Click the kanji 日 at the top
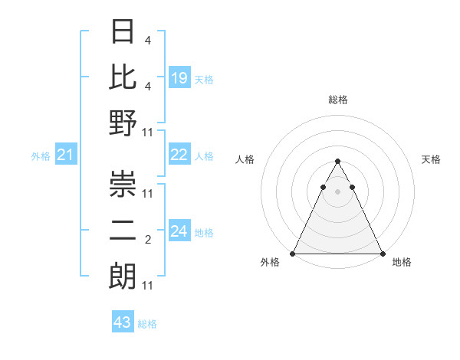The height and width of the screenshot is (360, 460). [x=123, y=32]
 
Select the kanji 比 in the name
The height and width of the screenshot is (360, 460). [x=123, y=77]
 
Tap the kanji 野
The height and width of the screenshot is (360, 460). [x=123, y=123]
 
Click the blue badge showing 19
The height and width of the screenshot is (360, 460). [x=179, y=77]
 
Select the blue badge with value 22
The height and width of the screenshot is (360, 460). [x=179, y=155]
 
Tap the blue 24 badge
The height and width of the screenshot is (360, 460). [x=179, y=231]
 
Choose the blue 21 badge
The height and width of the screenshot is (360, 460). [x=65, y=155]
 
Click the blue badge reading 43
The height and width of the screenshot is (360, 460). [x=123, y=322]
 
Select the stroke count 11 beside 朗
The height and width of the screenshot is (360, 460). [x=148, y=286]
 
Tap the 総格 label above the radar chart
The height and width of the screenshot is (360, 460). [x=337, y=100]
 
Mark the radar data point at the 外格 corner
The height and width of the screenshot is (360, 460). [x=293, y=254]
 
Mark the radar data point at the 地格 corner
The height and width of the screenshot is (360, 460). [x=382, y=254]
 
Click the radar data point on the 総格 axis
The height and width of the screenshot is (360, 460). [x=337, y=162]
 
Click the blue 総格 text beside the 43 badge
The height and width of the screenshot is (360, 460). [x=147, y=324]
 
